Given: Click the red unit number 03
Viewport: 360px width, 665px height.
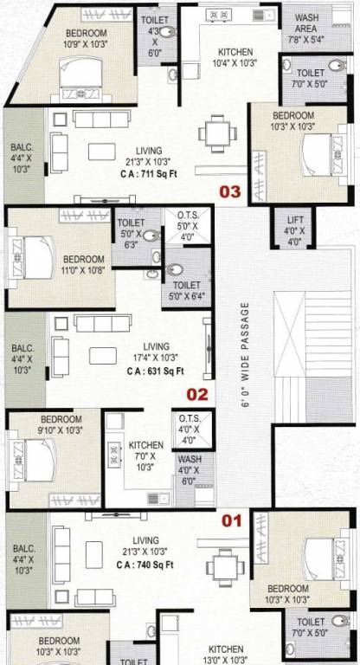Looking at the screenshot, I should pos(229,192).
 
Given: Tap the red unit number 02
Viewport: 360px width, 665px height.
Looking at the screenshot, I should pos(198,395).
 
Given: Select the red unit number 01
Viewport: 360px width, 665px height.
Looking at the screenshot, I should pos(231,521).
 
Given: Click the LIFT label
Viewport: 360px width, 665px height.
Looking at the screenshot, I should pos(294,231).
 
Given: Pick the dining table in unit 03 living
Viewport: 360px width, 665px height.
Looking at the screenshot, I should pos(215,133).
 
